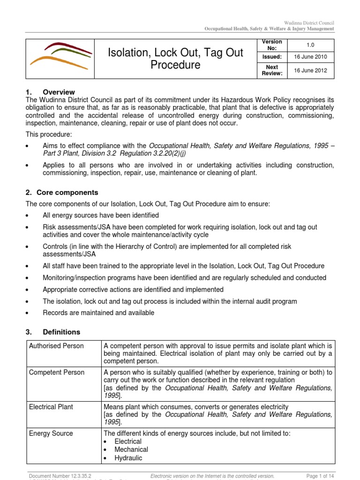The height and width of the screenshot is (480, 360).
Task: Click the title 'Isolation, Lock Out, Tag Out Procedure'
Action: pos(175,59)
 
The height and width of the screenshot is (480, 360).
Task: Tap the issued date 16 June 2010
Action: pos(311,57)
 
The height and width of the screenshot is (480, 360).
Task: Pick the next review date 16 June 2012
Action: pos(311,71)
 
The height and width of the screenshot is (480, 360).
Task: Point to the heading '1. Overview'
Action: pos(50,92)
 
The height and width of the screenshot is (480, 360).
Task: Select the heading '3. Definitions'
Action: pos(53,332)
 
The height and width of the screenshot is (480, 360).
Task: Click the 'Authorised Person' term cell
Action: pos(56,346)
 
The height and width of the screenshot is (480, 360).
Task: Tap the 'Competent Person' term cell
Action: pos(56,373)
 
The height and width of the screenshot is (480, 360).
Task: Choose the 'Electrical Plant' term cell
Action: pos(51,407)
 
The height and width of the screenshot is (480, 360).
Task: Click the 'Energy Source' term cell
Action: pos(51,434)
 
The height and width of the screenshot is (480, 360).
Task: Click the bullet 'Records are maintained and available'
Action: pos(98,313)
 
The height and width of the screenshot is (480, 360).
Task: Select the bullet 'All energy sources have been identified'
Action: pos(100,215)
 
